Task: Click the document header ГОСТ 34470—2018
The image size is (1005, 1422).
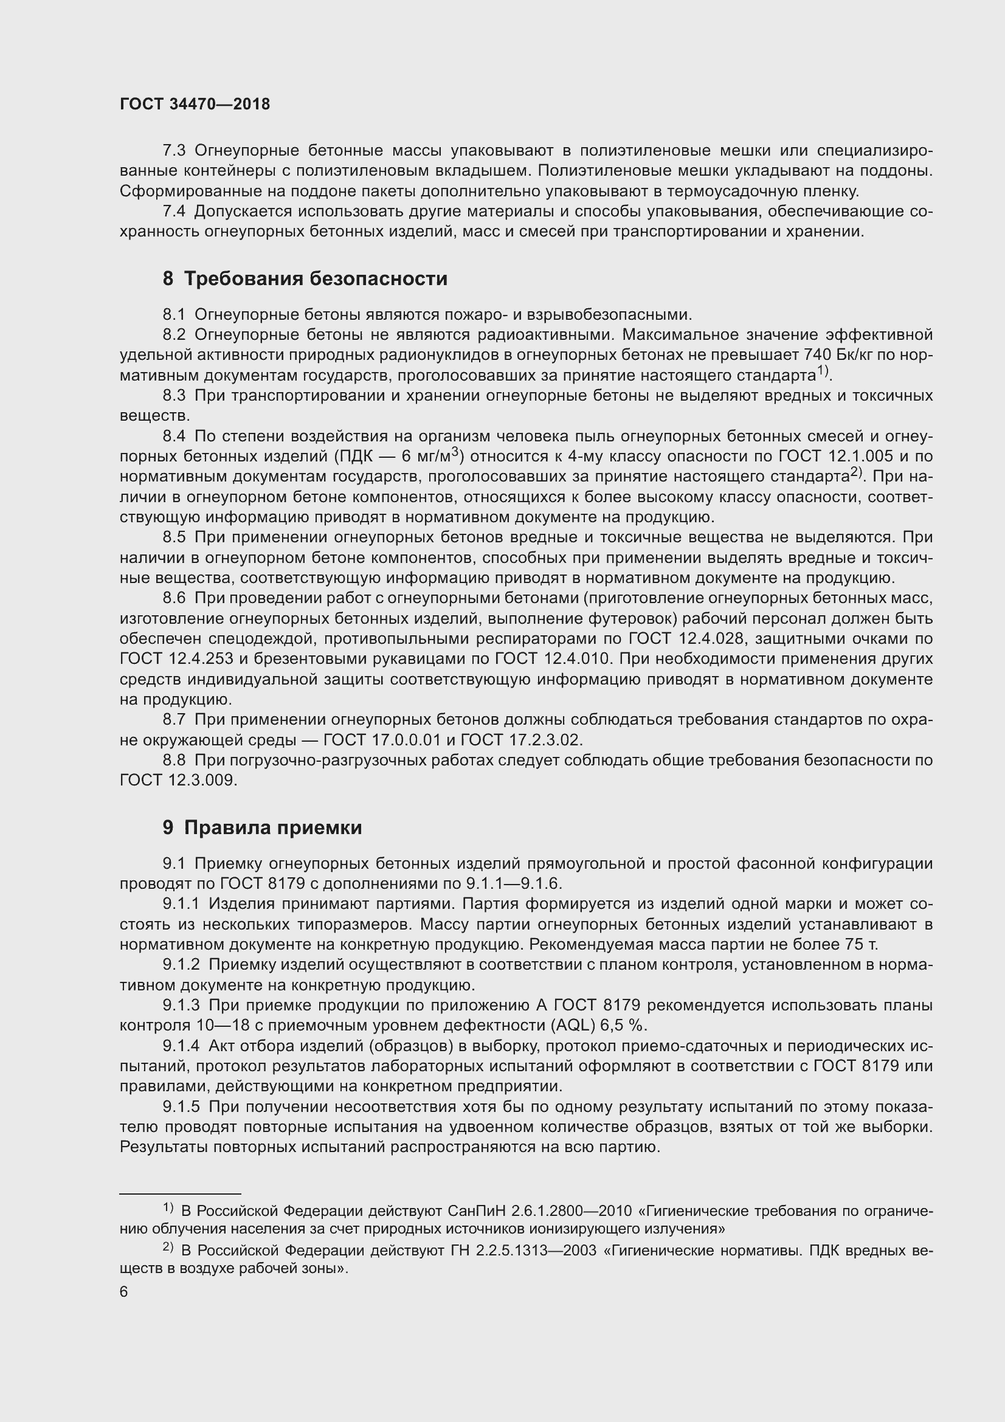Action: pyautogui.click(x=195, y=104)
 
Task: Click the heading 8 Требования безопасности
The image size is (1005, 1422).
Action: pyautogui.click(x=305, y=278)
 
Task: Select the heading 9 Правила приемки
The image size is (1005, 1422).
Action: pyautogui.click(x=262, y=827)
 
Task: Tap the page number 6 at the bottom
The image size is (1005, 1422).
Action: pyautogui.click(x=124, y=1292)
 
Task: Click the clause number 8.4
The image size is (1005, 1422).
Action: pyautogui.click(x=174, y=436)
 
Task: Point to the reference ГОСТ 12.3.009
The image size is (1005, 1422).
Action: pyautogui.click(x=178, y=781)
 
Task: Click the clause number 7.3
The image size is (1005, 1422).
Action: pyautogui.click(x=174, y=151)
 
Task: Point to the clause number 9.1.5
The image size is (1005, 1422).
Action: pyautogui.click(x=181, y=1106)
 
